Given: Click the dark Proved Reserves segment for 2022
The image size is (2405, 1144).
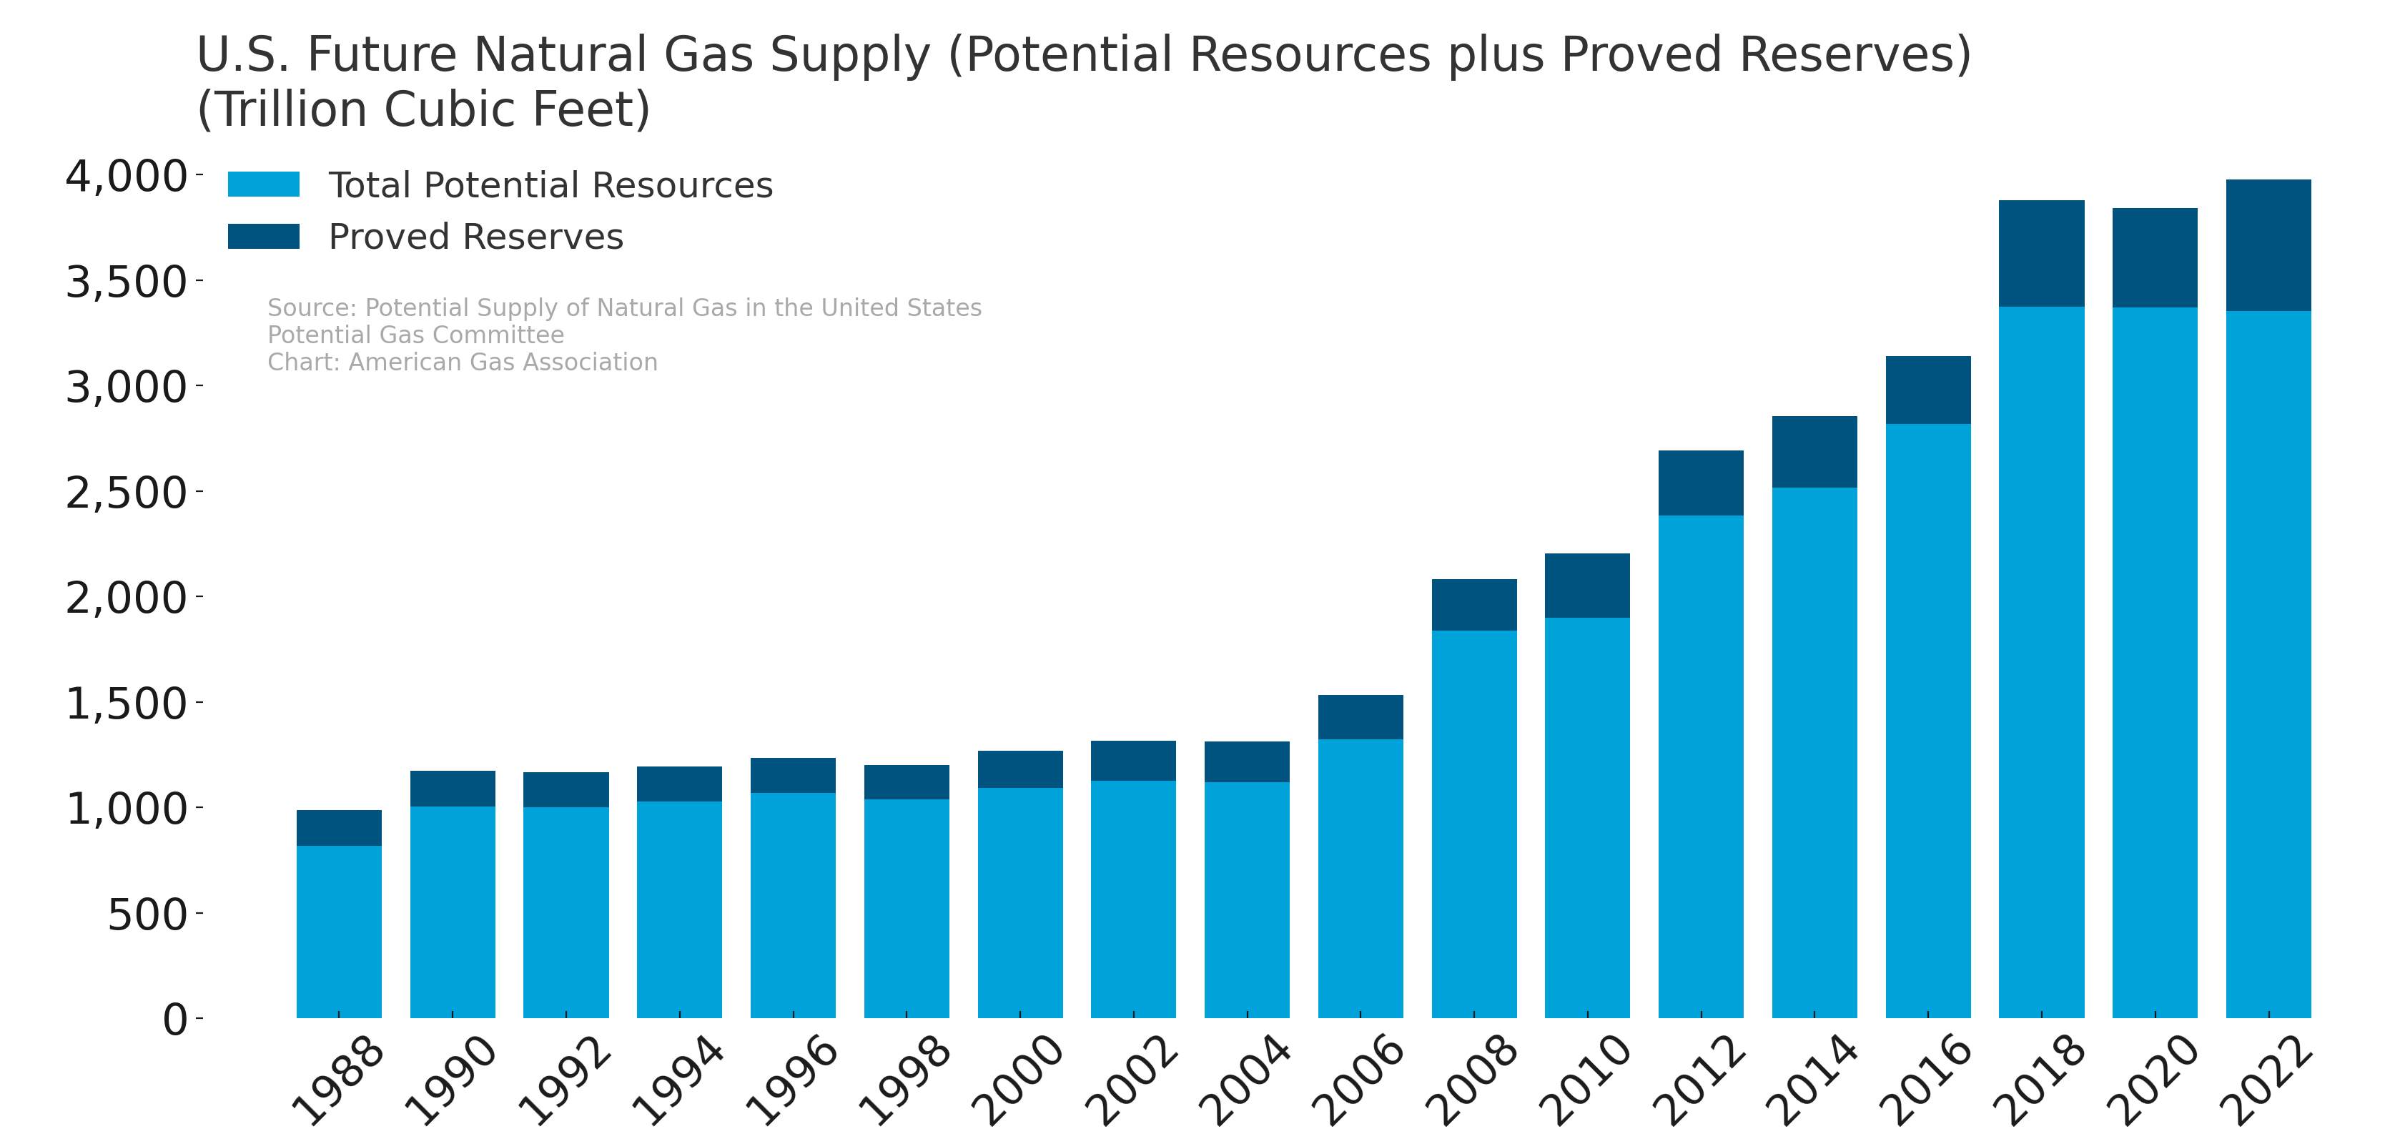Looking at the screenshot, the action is [x=2268, y=245].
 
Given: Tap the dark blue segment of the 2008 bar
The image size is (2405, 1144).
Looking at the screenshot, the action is [x=1474, y=604].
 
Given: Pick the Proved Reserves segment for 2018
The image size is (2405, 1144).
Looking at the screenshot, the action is [x=2041, y=253].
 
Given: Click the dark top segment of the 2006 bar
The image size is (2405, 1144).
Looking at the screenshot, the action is [x=1360, y=717].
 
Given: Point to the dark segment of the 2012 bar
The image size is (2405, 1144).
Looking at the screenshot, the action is [x=1701, y=483].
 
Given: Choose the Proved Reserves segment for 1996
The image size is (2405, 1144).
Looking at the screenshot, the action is [x=793, y=775].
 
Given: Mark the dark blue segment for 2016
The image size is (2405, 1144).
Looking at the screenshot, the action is [x=1928, y=390].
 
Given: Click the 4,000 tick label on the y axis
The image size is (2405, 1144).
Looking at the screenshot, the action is [x=126, y=177].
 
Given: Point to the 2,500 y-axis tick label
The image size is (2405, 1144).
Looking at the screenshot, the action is [x=126, y=492].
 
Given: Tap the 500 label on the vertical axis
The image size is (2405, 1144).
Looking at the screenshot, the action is [x=147, y=914].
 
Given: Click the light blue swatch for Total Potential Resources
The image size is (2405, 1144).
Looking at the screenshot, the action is [x=263, y=184].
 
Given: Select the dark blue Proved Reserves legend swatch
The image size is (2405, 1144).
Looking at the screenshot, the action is [x=263, y=236].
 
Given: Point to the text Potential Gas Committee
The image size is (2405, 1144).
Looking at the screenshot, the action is [x=415, y=335].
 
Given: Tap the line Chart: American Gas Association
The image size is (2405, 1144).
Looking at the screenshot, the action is [x=462, y=363].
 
